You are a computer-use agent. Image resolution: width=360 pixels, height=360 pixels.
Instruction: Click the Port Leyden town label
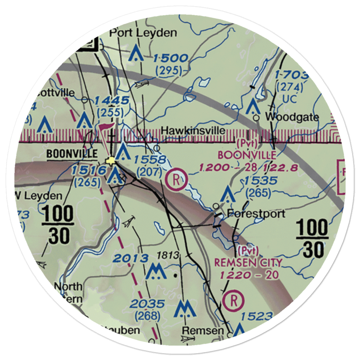[x=143, y=33]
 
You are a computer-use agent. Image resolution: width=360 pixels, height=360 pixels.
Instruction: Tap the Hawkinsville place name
[x=194, y=130]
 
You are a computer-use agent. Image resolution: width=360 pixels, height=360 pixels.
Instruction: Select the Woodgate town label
[x=292, y=117]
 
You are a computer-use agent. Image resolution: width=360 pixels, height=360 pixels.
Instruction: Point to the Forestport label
[x=256, y=213]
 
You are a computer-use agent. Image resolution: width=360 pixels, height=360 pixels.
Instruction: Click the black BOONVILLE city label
[x=72, y=154]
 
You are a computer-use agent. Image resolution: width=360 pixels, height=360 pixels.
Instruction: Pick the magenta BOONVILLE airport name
[x=247, y=156]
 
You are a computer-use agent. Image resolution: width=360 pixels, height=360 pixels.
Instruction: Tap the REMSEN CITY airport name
[x=248, y=262]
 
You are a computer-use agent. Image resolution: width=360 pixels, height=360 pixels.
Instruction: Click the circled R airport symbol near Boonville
[x=176, y=179]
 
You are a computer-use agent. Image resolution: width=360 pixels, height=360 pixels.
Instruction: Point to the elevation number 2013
[x=130, y=258]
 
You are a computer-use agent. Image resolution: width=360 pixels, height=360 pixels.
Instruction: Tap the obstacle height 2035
[x=148, y=304]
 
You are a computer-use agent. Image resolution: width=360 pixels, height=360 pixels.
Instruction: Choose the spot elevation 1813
[x=168, y=256]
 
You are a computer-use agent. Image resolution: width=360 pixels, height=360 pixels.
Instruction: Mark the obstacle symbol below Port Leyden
[x=136, y=53]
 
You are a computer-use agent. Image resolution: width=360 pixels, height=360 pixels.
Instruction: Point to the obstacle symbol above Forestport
[x=228, y=194]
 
